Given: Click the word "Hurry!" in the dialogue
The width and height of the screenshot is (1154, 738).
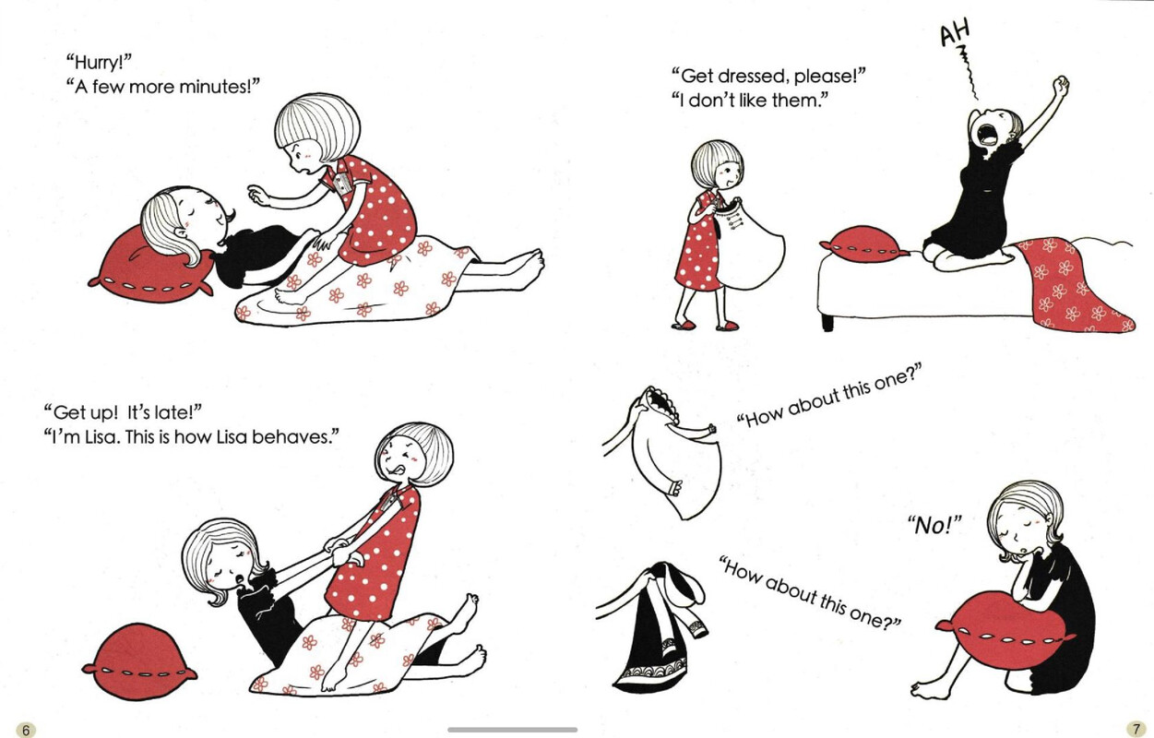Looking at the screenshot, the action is coord(100,63).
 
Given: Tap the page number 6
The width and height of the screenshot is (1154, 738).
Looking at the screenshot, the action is coord(26,730).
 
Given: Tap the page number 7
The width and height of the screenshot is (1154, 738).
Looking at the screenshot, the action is coord(1136,729).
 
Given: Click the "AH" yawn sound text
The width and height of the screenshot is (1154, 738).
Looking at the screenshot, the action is coord(955,32).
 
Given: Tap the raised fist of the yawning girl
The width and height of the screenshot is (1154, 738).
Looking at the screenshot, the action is coord(1060,85).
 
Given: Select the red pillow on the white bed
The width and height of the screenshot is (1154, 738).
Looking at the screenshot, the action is coord(864,244).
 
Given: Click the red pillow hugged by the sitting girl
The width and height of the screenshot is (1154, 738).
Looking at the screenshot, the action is coord(1005,631).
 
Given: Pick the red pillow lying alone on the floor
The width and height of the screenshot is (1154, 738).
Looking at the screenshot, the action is coord(138,661).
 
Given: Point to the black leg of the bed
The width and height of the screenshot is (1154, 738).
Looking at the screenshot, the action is coord(827,322).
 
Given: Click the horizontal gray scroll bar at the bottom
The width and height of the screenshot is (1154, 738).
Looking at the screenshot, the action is coord(513,730).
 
